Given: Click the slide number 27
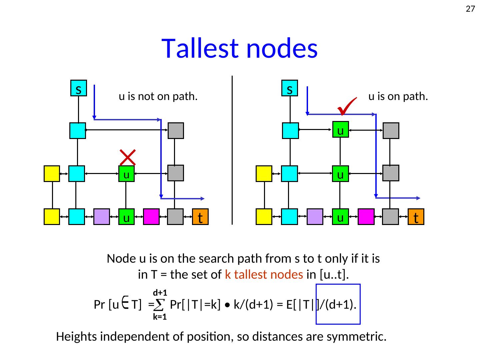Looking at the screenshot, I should coord(470,9).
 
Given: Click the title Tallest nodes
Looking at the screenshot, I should coord(239,48).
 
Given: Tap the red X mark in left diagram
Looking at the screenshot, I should coord(127,157).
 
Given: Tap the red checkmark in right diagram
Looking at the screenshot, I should coord(347,106).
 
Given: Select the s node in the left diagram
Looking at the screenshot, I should coord(79,88).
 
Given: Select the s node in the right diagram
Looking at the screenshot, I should coord(290,88).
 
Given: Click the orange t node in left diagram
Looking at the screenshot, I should coord(200,217).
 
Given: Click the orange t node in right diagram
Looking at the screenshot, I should coord(416,217).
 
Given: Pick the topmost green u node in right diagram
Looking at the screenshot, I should coord(340,129).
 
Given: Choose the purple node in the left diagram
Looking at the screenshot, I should coord(102,217).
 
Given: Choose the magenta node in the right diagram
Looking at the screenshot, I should coord(366,217).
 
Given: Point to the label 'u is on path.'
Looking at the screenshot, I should coord(398,97).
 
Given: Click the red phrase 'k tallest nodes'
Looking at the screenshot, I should coord(264,274).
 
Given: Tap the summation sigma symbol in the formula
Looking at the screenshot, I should coord(160,304).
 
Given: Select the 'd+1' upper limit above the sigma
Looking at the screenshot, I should coord(160,293).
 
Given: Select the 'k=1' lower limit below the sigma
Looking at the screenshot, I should coord(160,317).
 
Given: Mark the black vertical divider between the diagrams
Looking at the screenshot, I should coord(232,150).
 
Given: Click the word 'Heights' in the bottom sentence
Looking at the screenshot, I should coord(77,337).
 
